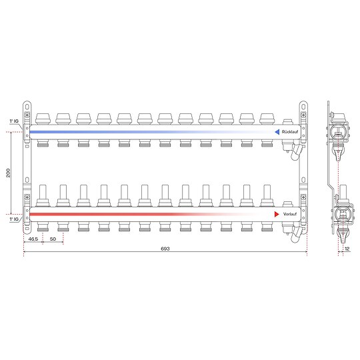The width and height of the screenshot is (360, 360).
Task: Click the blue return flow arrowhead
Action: pos(277,132)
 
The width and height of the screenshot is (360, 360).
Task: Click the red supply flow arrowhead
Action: pos(277,214)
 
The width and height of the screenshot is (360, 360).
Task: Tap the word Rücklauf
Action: pos(290,132)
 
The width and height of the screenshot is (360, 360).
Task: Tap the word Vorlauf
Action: pos(290,214)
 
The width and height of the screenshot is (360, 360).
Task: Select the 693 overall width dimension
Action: pos(165,249)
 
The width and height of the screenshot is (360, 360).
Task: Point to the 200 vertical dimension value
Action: pos(8,173)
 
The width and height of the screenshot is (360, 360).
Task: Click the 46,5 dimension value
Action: pos(33,239)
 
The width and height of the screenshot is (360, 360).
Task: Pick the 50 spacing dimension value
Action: pos(53,239)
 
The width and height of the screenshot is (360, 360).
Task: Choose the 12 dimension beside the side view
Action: pos(347,249)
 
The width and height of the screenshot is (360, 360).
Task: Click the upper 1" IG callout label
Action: pos(14,121)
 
